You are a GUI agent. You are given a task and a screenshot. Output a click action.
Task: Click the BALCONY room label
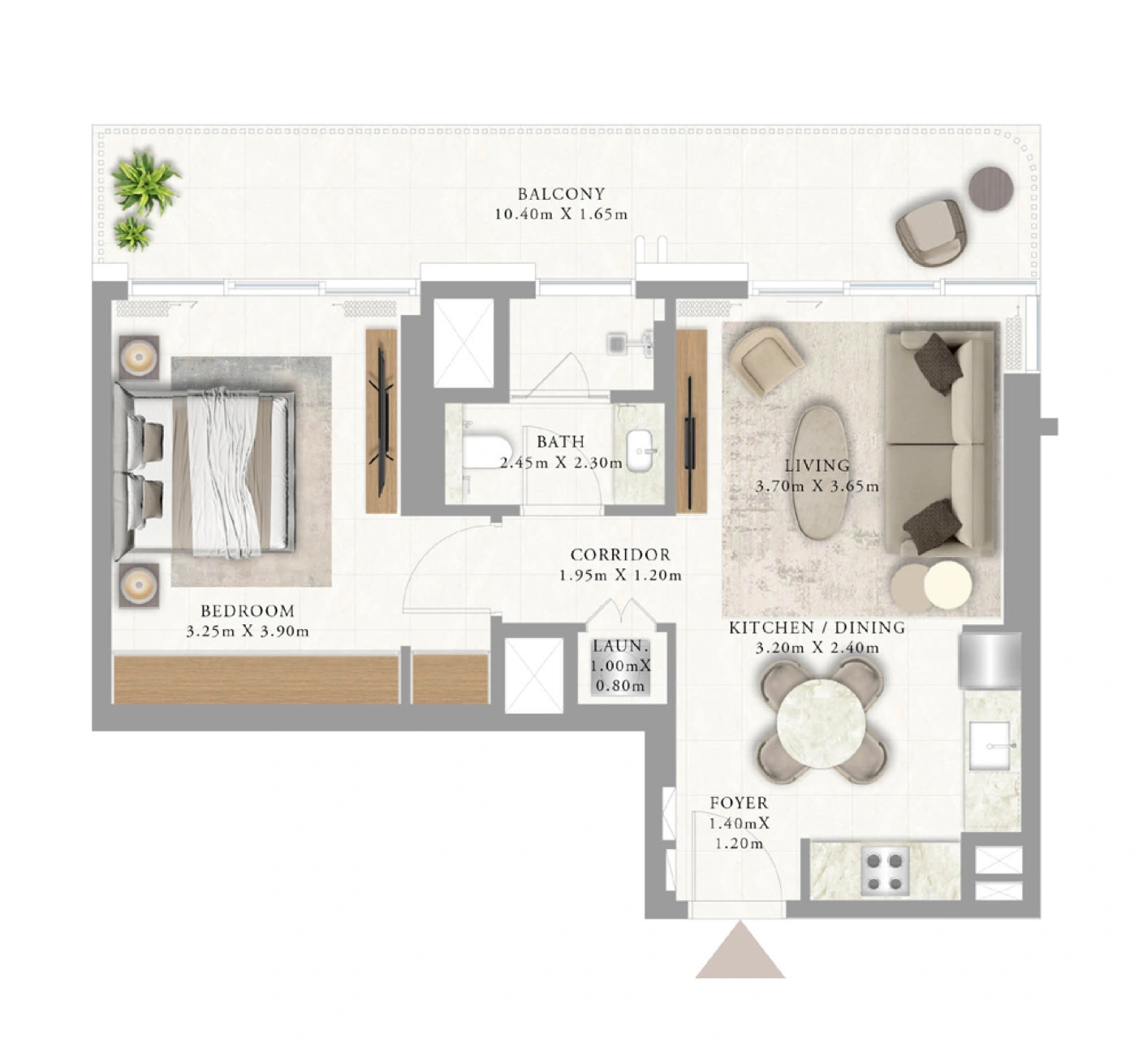pyautogui.click(x=561, y=194)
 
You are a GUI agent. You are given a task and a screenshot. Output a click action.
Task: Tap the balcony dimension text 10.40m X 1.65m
pyautogui.click(x=561, y=214)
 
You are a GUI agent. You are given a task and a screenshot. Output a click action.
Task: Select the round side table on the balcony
pyautogui.click(x=991, y=188)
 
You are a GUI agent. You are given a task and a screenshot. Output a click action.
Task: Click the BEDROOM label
pyautogui.click(x=248, y=611)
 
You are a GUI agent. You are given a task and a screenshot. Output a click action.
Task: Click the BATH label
pyautogui.click(x=561, y=442)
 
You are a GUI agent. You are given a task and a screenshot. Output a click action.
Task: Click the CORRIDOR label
pyautogui.click(x=620, y=554)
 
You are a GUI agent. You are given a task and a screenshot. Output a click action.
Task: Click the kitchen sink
pyautogui.click(x=990, y=744)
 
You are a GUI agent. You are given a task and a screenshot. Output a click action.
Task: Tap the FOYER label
pyautogui.click(x=739, y=803)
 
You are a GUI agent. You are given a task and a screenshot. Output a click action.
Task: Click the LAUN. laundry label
pyautogui.click(x=620, y=646)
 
